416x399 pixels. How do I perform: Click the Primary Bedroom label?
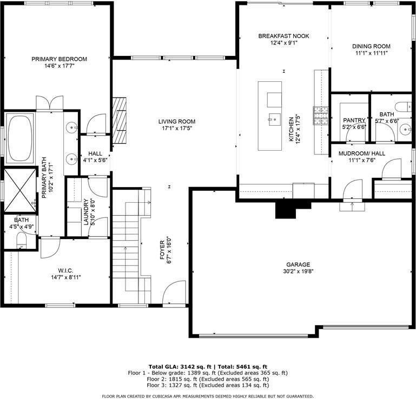(x=59, y=59)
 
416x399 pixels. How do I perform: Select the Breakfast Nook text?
(x=283, y=36)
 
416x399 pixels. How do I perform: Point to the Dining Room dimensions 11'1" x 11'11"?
(x=371, y=53)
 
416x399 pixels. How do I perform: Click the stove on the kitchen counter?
(x=323, y=115)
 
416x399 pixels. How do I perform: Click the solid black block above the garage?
(x=286, y=208)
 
